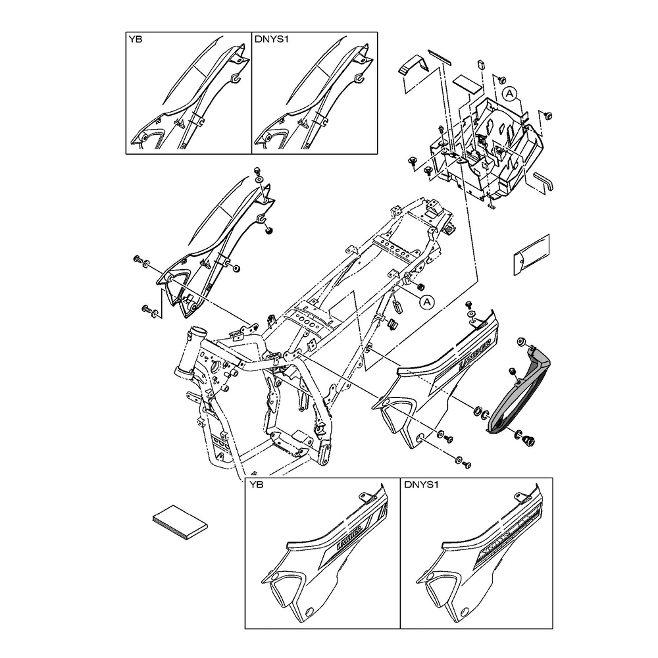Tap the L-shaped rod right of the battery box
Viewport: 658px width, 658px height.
(x=543, y=181)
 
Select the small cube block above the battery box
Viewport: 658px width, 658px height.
(x=479, y=64)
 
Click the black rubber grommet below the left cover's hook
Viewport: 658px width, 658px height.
(x=269, y=230)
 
